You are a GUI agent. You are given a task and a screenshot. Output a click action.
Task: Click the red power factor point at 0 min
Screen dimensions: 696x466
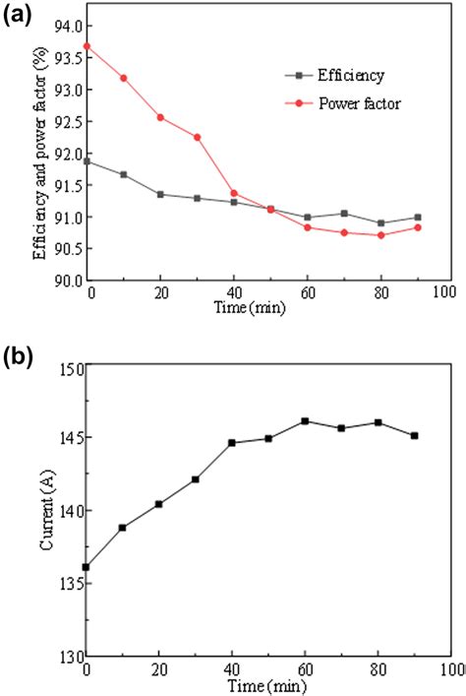87,46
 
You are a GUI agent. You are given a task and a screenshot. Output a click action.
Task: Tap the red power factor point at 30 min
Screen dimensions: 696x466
198,137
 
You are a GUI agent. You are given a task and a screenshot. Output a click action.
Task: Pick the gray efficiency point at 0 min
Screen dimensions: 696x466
87,160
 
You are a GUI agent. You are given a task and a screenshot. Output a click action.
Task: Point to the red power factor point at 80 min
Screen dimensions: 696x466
380,234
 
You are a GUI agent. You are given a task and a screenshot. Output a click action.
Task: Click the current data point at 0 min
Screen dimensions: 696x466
87,567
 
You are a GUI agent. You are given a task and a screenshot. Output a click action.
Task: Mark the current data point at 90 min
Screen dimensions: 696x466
415,435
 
